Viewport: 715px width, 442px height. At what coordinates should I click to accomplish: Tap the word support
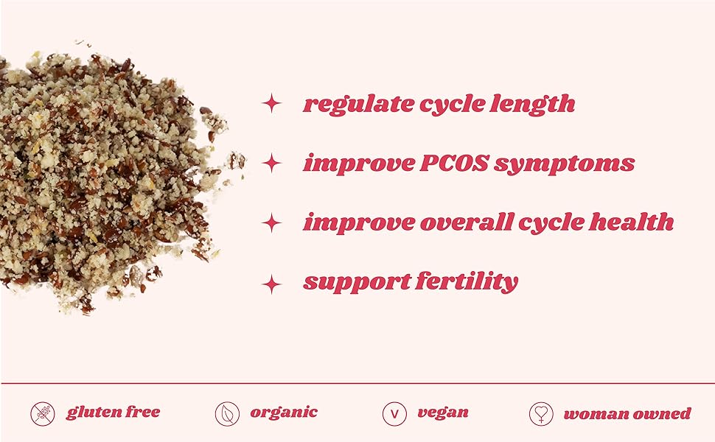[353, 282]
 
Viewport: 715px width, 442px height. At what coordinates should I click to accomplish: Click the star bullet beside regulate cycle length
[272, 104]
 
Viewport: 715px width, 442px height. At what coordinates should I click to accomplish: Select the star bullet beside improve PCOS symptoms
[272, 163]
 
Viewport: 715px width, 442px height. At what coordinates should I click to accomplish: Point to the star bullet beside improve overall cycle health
[272, 222]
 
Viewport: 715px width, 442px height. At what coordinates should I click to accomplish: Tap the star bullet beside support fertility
[272, 282]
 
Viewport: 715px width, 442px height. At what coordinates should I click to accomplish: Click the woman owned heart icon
[541, 414]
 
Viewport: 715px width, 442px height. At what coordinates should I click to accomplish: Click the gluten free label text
[113, 413]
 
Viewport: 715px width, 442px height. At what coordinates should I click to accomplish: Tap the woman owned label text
[627, 413]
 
